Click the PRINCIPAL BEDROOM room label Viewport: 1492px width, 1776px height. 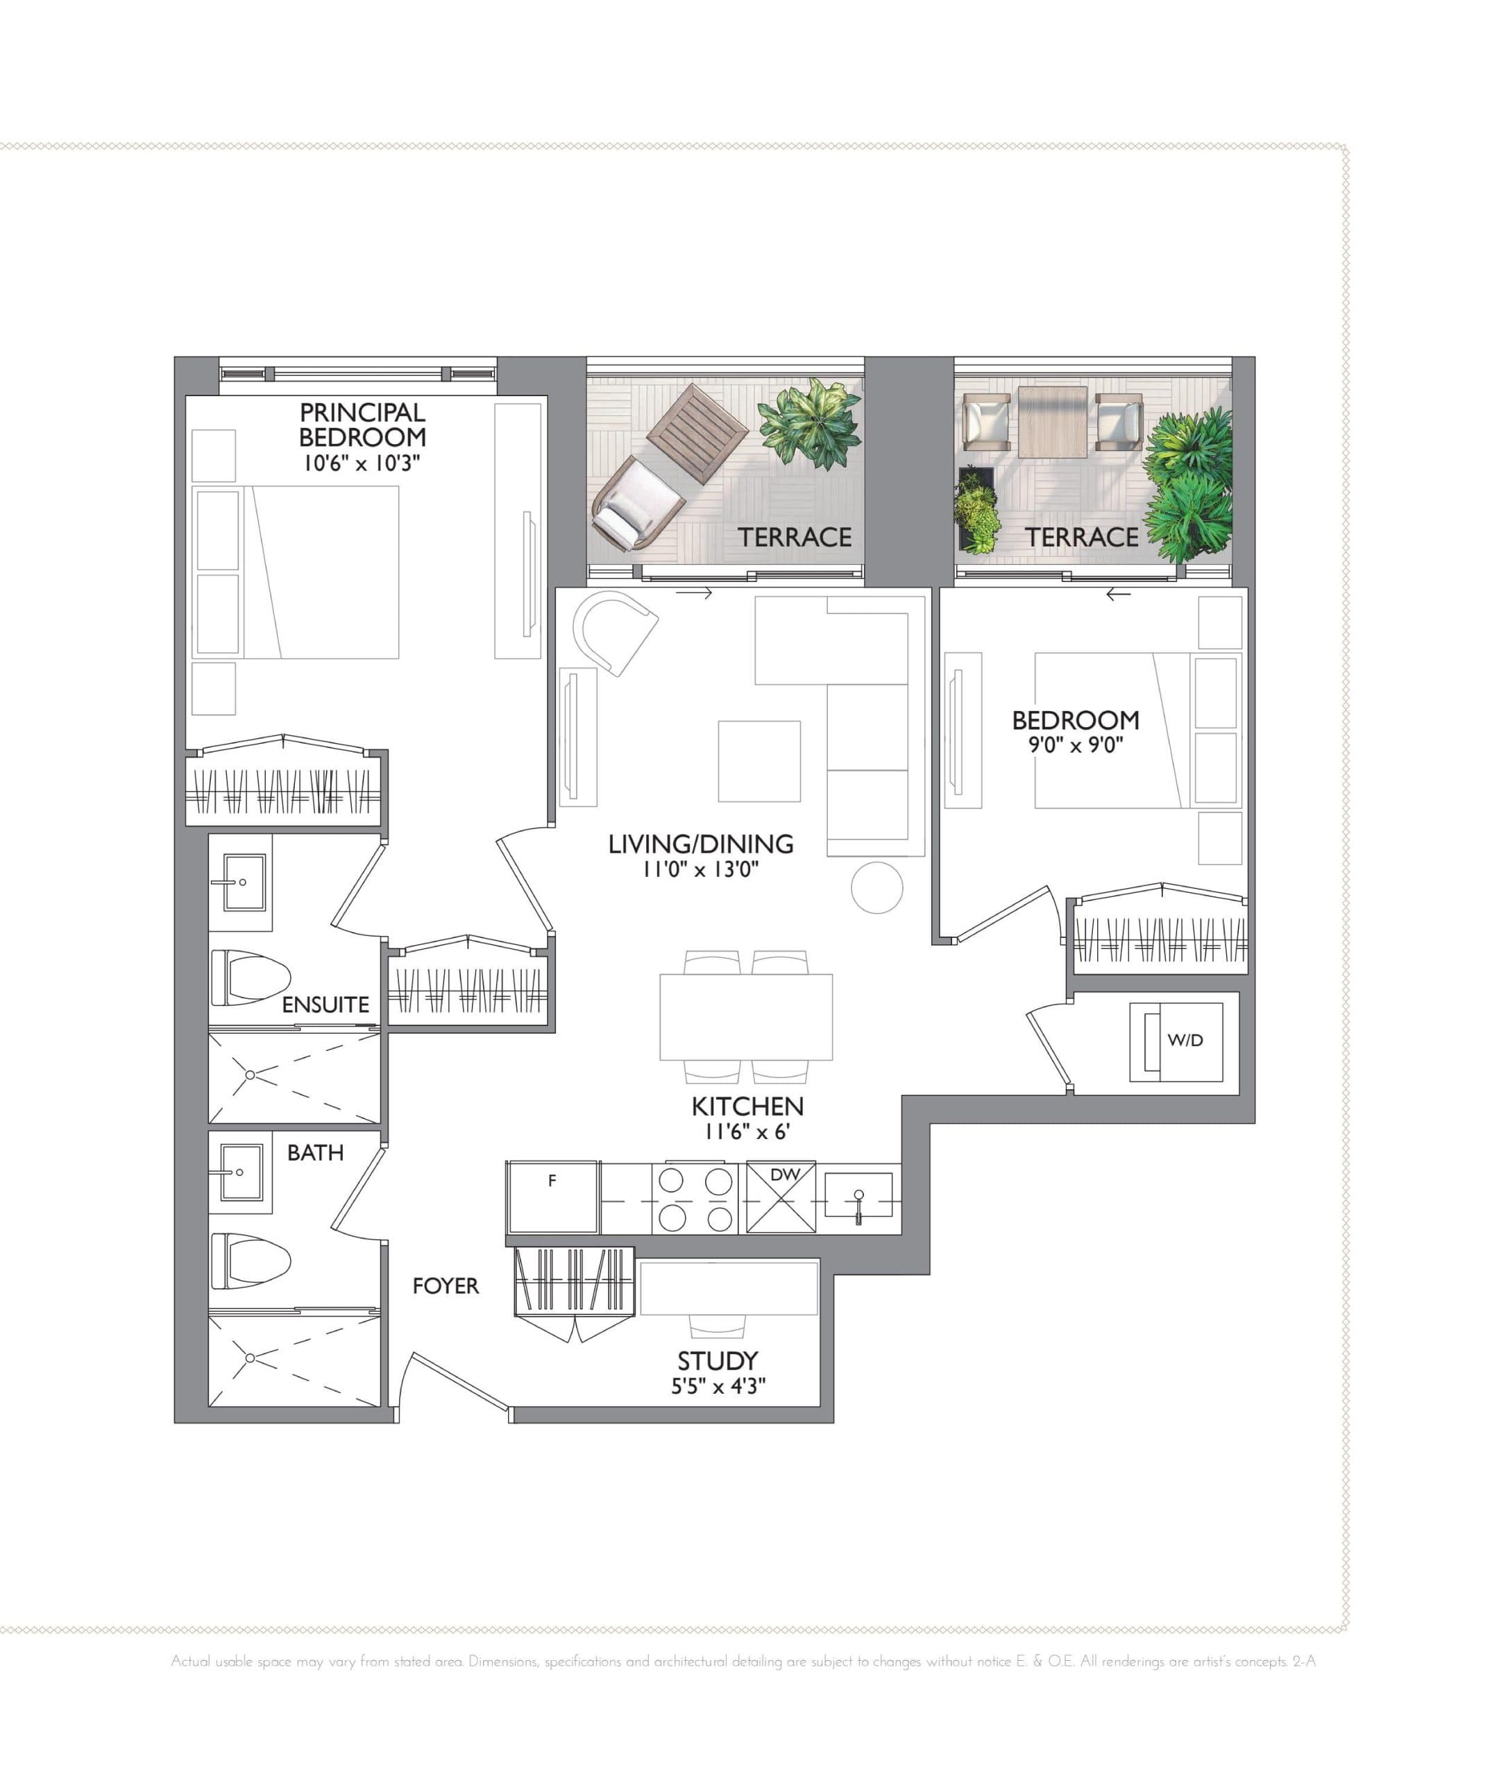click(362, 425)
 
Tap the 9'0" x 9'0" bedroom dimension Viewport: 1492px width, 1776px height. click(1075, 745)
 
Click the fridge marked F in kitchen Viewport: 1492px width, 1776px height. click(552, 1197)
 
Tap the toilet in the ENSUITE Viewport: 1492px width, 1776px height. click(251, 977)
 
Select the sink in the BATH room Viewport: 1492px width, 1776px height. click(241, 1172)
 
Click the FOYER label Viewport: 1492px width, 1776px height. click(446, 1286)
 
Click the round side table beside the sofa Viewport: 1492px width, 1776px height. click(876, 887)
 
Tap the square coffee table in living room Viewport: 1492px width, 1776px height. click(758, 761)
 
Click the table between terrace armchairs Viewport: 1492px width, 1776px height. click(1052, 421)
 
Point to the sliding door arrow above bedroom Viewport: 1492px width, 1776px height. click(1118, 595)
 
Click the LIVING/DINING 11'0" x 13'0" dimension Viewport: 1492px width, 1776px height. click(700, 869)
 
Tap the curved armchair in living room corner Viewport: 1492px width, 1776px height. click(614, 630)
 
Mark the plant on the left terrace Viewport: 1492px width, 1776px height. click(812, 421)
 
